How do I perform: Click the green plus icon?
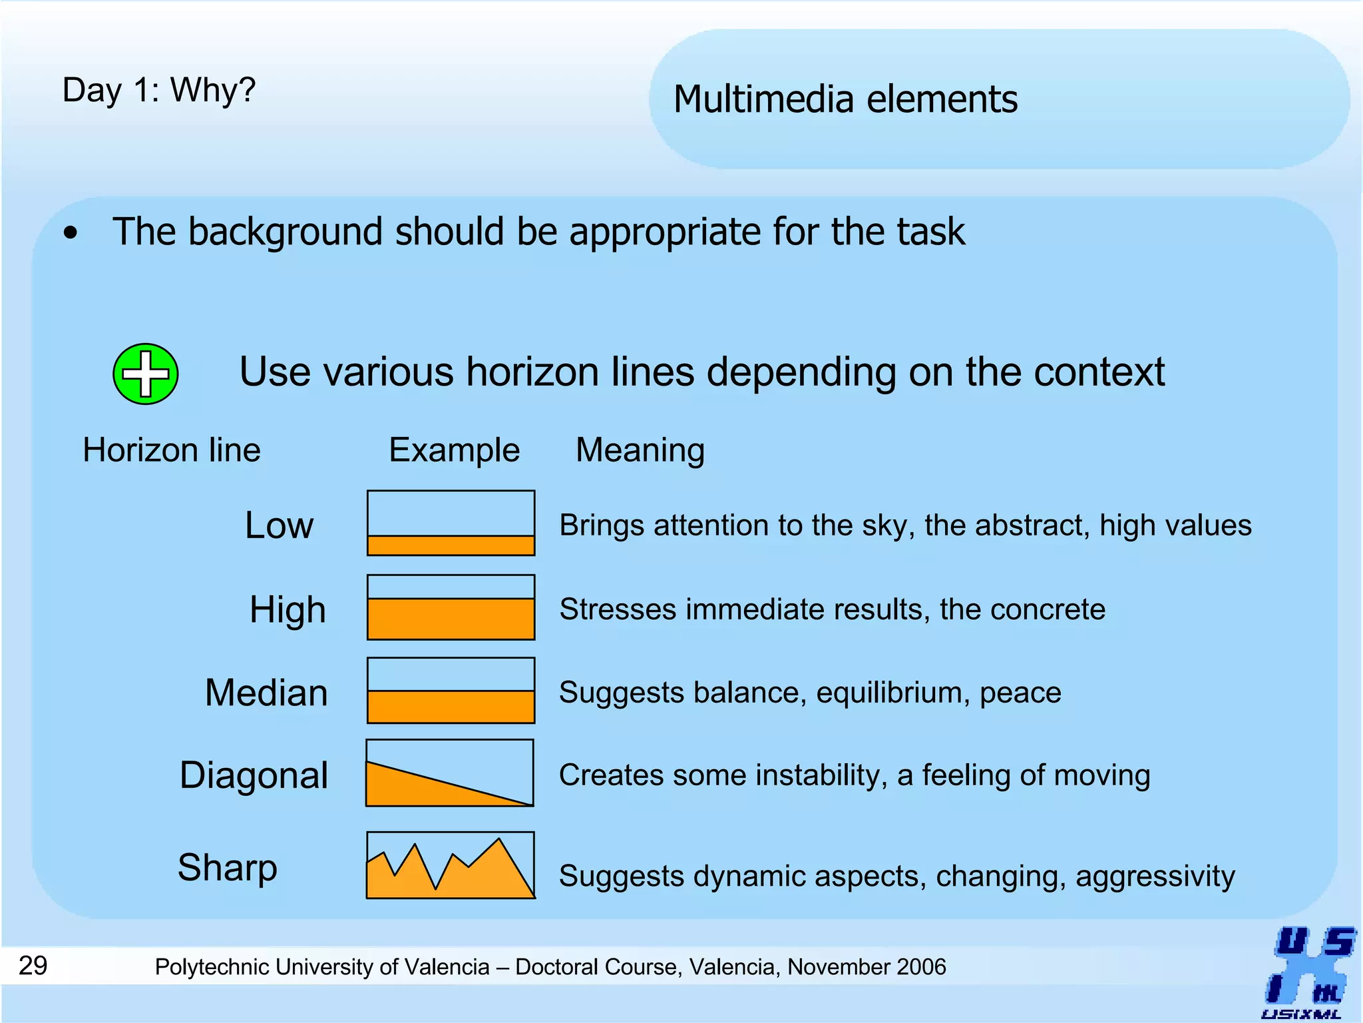[145, 374]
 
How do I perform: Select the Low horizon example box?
[451, 523]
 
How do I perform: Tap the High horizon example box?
[451, 607]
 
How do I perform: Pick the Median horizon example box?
[451, 690]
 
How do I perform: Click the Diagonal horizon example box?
[450, 773]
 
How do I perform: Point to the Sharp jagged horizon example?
[451, 865]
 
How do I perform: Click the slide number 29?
[33, 965]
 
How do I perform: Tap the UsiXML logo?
[1308, 972]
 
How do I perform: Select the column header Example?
[454, 450]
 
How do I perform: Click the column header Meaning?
[640, 450]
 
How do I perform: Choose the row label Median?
[266, 693]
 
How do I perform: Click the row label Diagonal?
[254, 775]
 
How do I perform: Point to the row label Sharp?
[227, 867]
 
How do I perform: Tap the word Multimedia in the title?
[763, 99]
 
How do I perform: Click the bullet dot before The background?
[71, 234]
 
